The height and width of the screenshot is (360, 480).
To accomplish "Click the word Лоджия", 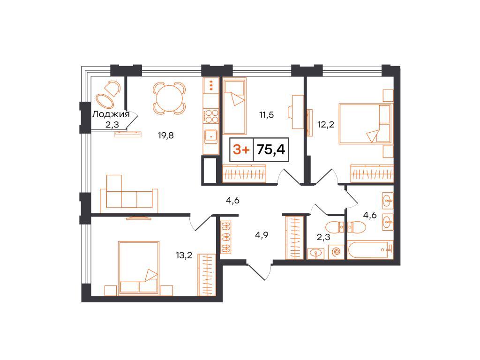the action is [111, 114].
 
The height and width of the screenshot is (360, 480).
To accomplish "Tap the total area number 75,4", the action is [271, 150].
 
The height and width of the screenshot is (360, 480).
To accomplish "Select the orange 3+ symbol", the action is [241, 150].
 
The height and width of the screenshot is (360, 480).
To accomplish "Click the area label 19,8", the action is [165, 135].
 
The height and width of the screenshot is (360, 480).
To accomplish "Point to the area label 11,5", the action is [266, 115].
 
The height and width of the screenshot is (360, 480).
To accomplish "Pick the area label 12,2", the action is [326, 125].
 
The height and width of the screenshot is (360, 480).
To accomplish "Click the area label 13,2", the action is [184, 255].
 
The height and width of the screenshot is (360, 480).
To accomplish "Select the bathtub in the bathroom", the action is [370, 250].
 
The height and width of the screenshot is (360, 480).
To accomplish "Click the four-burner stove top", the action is [211, 117].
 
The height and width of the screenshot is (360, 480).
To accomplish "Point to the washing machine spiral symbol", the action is [336, 252].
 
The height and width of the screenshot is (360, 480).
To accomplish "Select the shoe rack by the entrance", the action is [226, 238].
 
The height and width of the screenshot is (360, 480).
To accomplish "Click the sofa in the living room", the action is [129, 194].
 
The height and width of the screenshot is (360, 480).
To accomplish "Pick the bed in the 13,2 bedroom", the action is [139, 269].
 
